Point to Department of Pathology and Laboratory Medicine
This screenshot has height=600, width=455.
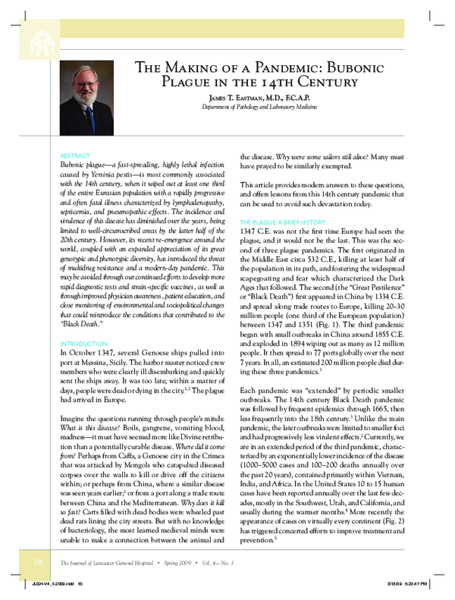(262, 108)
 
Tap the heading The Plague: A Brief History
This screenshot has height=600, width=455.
(284, 201)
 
